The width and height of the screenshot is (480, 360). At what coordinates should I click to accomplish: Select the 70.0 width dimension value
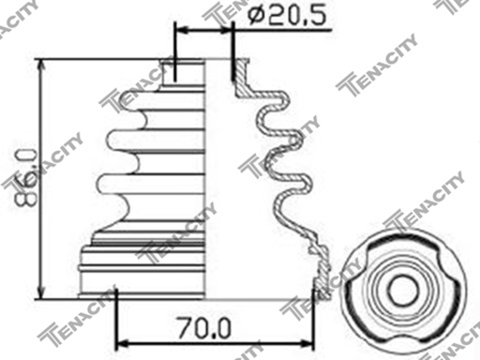click(x=206, y=330)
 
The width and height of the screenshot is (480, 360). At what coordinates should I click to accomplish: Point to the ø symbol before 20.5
click(x=252, y=15)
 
